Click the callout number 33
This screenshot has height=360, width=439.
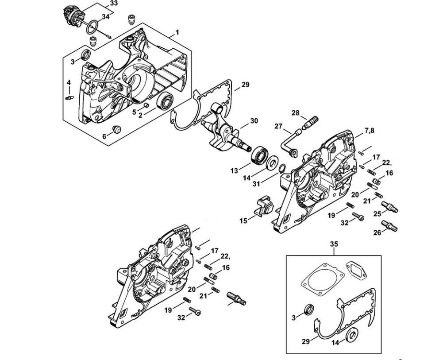pyautogui.click(x=106, y=4)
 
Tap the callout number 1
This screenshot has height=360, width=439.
pyautogui.click(x=177, y=32)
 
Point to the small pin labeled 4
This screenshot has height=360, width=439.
pyautogui.click(x=69, y=97)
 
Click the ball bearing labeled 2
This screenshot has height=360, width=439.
pyautogui.click(x=166, y=102)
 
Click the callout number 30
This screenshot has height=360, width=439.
pyautogui.click(x=254, y=121)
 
